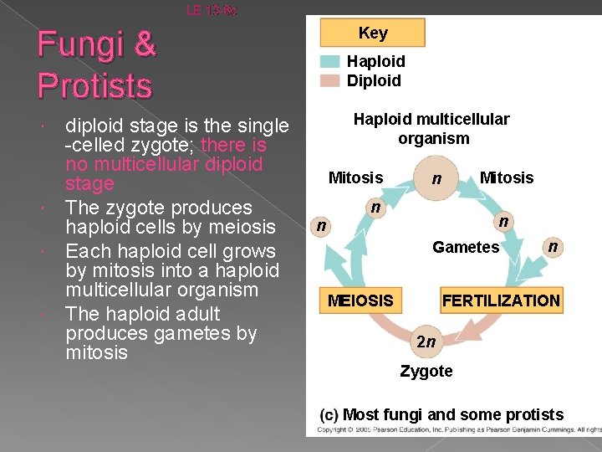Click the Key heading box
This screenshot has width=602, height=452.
click(x=373, y=33)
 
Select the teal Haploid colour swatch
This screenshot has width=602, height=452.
click(x=331, y=61)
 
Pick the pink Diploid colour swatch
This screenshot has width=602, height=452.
click(x=331, y=80)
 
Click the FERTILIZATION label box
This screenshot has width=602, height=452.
click(x=501, y=300)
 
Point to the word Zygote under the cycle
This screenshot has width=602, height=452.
click(x=426, y=371)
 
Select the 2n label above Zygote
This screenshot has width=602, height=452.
click(x=426, y=341)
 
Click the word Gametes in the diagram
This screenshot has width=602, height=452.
click(x=465, y=247)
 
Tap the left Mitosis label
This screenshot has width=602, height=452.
click(x=355, y=177)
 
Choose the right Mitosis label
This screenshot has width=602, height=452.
click(x=506, y=177)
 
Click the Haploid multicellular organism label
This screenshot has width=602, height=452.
click(x=431, y=129)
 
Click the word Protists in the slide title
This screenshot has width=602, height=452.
click(x=94, y=85)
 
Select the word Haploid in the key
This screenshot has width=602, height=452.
click(x=375, y=61)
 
